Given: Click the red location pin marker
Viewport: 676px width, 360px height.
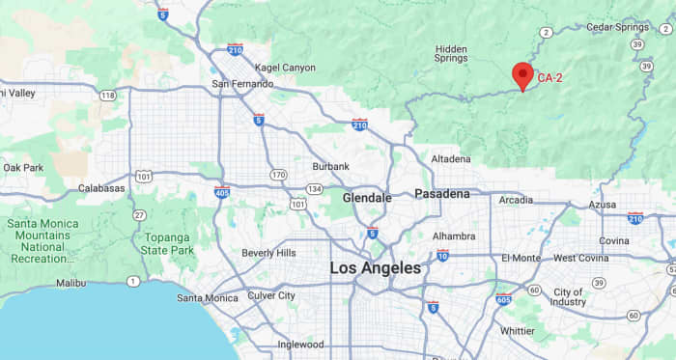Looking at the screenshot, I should (x=522, y=75).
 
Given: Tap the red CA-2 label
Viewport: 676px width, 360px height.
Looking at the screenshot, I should (x=550, y=77).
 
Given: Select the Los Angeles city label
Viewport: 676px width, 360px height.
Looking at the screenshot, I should (x=376, y=267).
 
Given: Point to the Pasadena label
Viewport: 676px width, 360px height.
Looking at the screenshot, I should (x=441, y=194).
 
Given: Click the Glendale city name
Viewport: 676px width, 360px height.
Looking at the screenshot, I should (x=367, y=198).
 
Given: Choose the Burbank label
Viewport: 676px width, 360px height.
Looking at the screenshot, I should (x=330, y=166).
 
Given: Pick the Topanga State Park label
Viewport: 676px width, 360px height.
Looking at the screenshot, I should (x=169, y=243).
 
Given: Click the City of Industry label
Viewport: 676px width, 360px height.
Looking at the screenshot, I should (x=568, y=296).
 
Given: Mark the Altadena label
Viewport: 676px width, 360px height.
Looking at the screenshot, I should (x=451, y=158).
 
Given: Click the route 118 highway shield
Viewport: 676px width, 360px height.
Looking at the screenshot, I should (x=107, y=95).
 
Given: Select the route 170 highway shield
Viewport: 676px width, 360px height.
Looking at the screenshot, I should (x=278, y=175).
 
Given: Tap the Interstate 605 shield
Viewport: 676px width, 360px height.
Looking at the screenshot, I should (x=503, y=299).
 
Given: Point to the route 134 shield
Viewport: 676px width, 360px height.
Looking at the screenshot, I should (x=316, y=188).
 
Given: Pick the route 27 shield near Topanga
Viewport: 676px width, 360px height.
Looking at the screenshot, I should (x=140, y=214).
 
